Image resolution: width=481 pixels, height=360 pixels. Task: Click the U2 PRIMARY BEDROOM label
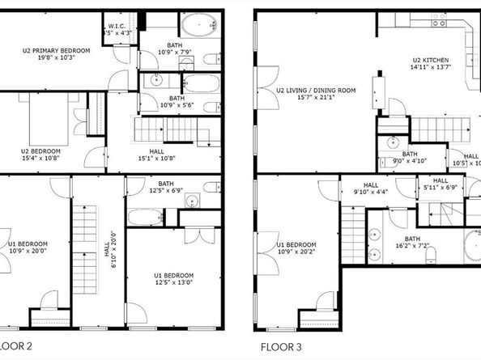[x=56, y=50]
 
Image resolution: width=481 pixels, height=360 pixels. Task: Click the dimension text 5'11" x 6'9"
[x=440, y=188]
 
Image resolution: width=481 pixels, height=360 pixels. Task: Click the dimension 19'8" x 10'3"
[x=56, y=57]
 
